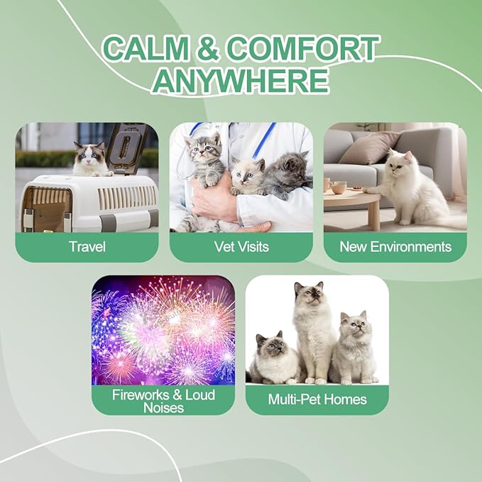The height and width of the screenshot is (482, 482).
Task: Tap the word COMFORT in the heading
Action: [306, 49]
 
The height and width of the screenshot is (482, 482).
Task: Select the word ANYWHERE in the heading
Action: [241, 80]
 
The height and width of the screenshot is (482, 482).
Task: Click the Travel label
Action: [87, 247]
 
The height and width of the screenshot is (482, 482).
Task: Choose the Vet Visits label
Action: [241, 247]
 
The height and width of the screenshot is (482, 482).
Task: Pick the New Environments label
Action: [395, 247]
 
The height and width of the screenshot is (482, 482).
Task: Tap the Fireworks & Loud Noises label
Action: [163, 401]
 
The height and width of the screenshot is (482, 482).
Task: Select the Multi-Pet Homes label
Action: [317, 399]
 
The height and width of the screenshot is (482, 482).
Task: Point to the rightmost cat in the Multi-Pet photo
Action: [354, 348]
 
